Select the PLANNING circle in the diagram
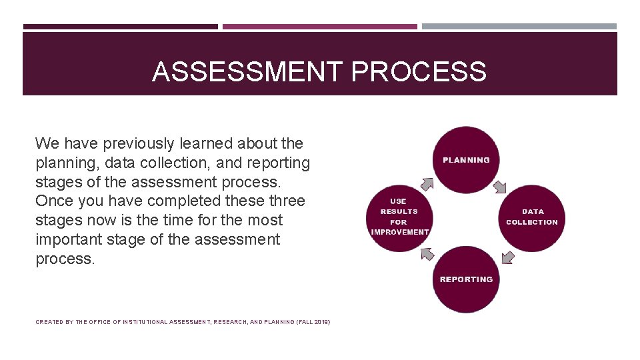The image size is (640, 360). [466, 159]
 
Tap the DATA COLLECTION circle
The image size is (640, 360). [532, 217]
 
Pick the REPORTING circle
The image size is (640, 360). [466, 279]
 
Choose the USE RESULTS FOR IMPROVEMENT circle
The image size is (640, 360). [399, 217]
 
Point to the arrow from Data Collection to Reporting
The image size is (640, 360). [507, 257]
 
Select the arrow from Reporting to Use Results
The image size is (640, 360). [427, 253]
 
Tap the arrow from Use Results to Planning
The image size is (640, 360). [427, 183]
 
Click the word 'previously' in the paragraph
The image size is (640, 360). [140, 143]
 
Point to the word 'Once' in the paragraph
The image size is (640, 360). [53, 201]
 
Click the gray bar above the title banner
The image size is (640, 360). [519, 27]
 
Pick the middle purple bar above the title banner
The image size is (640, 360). [320, 27]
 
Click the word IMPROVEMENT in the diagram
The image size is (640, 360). [399, 232]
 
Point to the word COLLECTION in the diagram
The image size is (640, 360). [532, 222]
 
